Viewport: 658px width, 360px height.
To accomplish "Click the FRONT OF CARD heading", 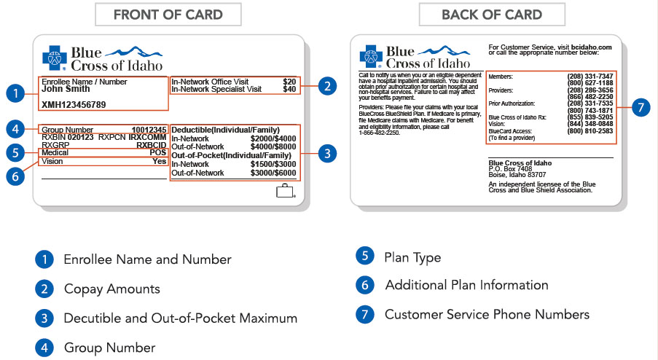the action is pos(168,15).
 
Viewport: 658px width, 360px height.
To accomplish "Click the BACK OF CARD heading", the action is pos(492,15).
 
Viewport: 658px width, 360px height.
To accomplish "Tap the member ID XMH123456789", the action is pos(74,104).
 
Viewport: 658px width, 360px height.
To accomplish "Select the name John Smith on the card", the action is pos(66,89).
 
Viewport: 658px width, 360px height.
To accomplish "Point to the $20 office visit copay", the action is pos(289,82).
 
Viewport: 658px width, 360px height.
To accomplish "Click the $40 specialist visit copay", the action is pos(289,89).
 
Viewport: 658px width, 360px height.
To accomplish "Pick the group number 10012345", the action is pos(149,130).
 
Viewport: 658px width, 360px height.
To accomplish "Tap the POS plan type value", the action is pos(158,152).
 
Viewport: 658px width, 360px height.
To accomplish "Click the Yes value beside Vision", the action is pos(160,161).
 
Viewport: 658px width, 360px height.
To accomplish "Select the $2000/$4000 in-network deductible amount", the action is pos(273,138).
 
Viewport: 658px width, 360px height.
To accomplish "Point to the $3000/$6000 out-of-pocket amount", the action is pos(273,173).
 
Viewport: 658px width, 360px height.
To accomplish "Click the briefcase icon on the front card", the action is pos(285,190).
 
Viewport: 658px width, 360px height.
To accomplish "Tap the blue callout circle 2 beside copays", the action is pos(327,86).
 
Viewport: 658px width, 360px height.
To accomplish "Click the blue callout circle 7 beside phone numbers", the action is pos(641,107).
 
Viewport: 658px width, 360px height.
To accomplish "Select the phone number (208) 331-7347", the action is pos(590,77).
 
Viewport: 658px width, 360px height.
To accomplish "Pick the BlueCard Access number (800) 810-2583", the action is pos(590,131).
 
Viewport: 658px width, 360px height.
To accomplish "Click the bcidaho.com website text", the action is pos(591,47).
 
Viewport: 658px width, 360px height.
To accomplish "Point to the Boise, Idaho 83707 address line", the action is pos(517,175).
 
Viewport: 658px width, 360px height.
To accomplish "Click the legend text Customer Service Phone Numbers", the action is pos(487,314).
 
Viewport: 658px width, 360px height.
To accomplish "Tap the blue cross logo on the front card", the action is pos(55,58).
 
